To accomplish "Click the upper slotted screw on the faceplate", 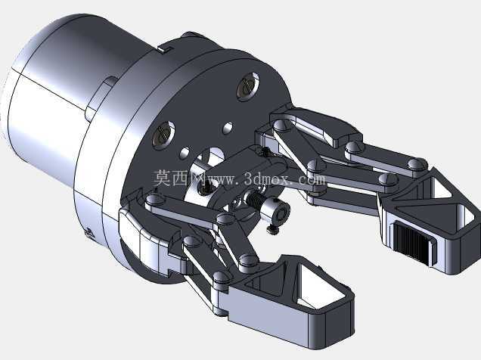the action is click(248, 87).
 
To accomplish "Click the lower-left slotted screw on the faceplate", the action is click(163, 135).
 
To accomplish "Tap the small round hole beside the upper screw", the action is click(228, 128).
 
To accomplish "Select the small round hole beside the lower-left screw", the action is click(185, 153).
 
